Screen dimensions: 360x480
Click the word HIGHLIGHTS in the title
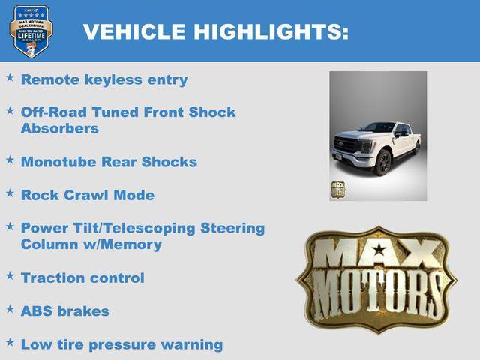point(270,32)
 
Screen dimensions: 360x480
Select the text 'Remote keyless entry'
point(104,79)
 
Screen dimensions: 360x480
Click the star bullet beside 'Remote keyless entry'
point(10,77)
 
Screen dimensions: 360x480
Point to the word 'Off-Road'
point(53,112)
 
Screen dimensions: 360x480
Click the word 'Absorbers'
point(60,128)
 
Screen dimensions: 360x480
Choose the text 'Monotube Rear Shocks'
point(109,162)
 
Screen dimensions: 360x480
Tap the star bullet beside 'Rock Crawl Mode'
point(10,193)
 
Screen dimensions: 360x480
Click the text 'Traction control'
point(82,277)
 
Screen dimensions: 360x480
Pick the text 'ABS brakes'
point(65,310)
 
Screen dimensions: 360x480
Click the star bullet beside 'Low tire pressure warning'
point(10,342)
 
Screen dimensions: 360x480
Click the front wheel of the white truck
point(383,162)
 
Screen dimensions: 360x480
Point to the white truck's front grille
point(347,145)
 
